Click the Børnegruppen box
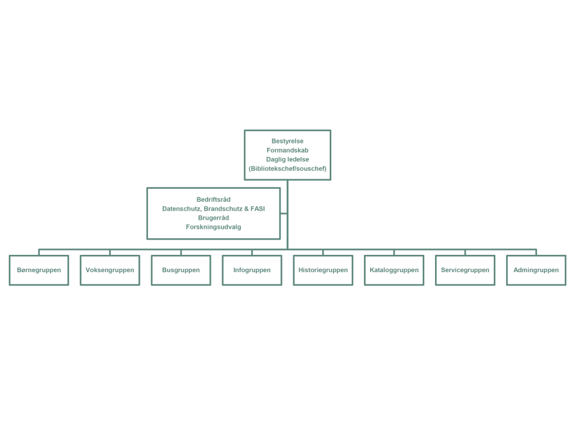39,270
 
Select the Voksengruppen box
110,270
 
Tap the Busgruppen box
181,270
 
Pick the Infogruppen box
252,270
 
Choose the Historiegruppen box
323,270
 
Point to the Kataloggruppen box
394,270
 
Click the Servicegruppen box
465,270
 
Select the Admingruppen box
536,270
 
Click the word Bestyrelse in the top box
288,141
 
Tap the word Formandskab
288,150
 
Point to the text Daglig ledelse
288,159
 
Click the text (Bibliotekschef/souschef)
288,168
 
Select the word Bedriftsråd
213,200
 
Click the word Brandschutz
222,209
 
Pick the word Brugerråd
213,218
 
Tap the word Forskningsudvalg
213,227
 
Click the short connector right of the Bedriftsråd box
284,213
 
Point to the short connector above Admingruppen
536,252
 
